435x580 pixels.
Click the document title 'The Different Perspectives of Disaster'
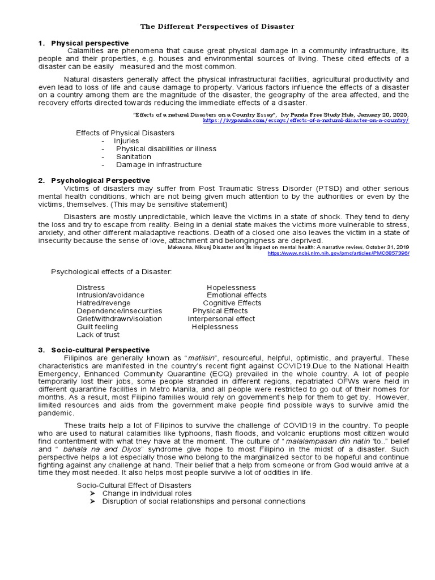217,27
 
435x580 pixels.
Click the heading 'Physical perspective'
89,43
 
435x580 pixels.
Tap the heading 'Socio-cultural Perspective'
100,350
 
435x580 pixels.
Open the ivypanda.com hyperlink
305,121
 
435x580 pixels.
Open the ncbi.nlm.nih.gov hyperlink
339,253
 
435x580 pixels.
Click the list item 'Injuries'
126,140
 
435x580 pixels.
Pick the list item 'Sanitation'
134,156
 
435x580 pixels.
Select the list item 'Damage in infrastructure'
159,165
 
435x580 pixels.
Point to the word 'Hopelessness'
231,288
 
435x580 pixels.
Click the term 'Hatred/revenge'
103,303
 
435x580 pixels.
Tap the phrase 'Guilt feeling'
97,327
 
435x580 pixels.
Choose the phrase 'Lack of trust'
98,335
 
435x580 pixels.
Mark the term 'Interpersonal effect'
221,319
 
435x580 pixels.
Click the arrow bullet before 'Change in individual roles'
93,493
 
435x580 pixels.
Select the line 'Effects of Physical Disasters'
125,133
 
